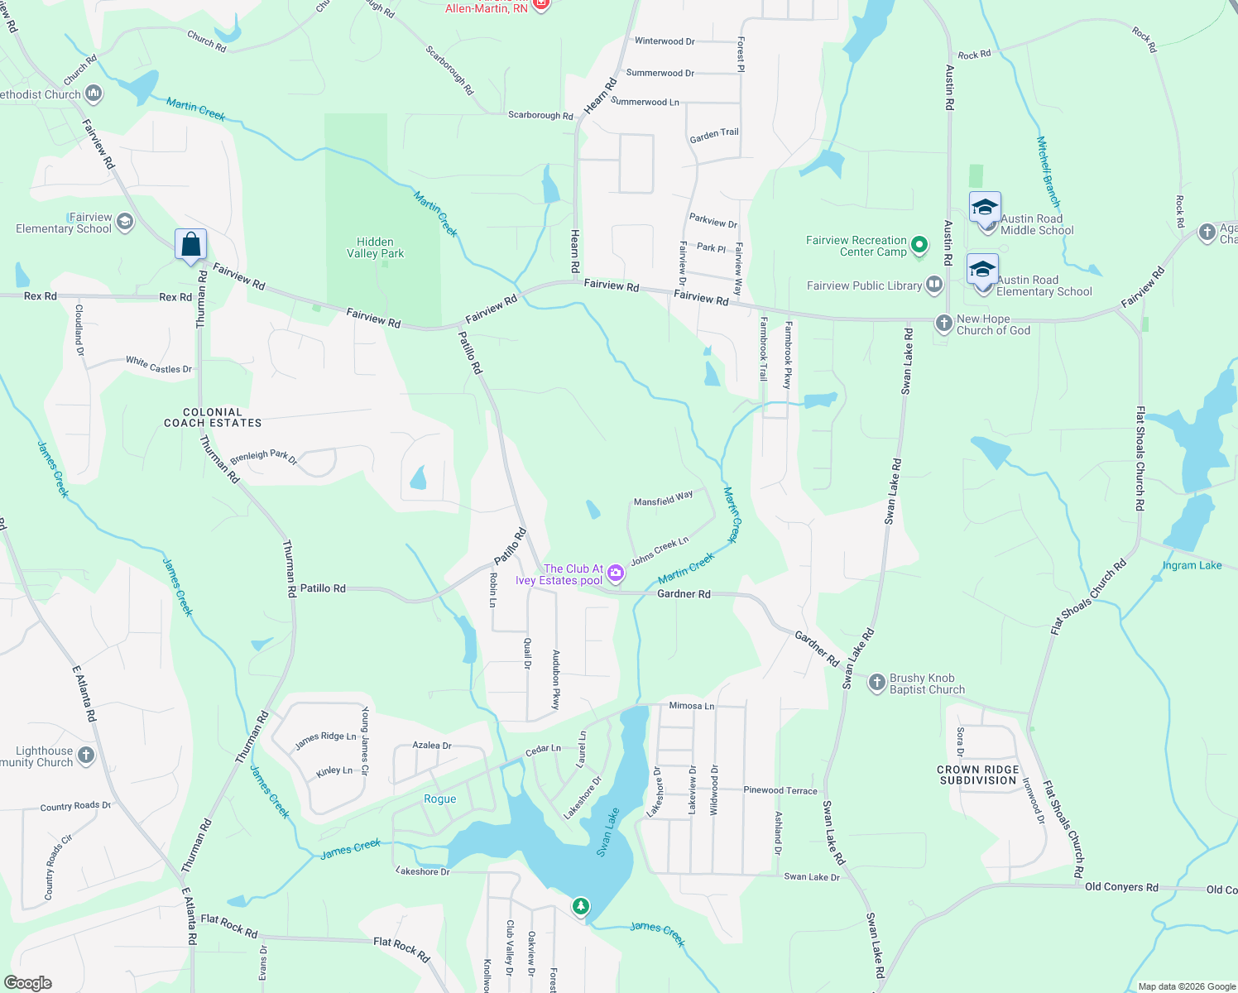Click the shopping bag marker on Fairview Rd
[190, 245]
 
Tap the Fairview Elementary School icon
[124, 222]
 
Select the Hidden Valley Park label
[376, 247]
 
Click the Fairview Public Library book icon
[934, 285]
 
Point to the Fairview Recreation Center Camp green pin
[919, 245]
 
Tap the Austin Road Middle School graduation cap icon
[985, 207]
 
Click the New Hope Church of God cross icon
[943, 324]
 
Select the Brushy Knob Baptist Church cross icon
[876, 683]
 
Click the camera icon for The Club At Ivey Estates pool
[615, 573]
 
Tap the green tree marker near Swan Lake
[581, 906]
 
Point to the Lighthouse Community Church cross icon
[85, 756]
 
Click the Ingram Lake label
[1192, 565]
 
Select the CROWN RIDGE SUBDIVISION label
[977, 775]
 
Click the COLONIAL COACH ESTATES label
[213, 417]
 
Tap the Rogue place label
[439, 799]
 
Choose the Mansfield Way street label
[663, 499]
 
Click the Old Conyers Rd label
[1121, 886]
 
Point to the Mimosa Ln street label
[691, 706]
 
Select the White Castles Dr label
[158, 365]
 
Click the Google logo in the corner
[28, 982]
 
